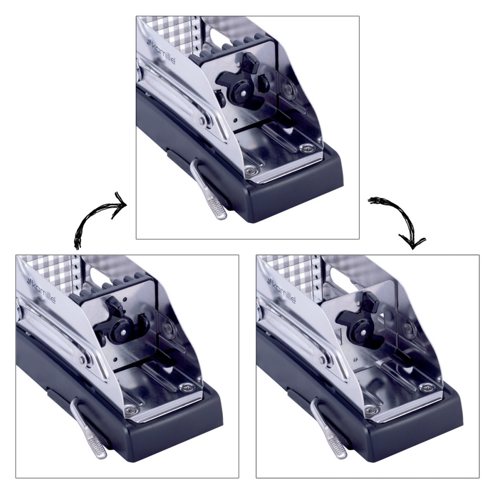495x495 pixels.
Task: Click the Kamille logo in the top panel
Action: coord(161,51)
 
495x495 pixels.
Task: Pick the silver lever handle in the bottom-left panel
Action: coord(89,429)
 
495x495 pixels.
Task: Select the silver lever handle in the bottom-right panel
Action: coord(328,429)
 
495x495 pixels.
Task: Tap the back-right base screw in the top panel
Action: coord(307,148)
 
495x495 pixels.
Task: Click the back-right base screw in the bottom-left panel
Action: coord(187,387)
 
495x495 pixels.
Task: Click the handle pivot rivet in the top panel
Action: coord(202,121)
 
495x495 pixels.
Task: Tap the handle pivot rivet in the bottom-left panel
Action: coord(82,360)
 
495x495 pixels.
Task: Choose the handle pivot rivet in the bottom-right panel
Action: coord(322,360)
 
